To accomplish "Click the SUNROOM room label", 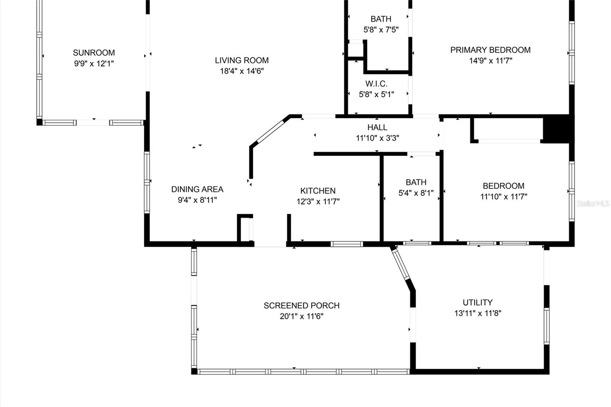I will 94,53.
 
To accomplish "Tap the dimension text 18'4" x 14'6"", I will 242,71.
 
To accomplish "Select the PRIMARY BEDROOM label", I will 490,50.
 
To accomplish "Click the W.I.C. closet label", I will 376,84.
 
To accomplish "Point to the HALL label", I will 377,127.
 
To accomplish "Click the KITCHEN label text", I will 318,191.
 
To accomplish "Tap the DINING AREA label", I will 197,189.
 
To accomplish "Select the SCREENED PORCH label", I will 301,305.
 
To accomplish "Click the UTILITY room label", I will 477,302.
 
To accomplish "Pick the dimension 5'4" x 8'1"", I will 416,193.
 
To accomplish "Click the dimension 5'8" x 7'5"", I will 381,30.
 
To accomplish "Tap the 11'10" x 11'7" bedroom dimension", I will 503,197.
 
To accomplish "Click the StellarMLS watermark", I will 593,203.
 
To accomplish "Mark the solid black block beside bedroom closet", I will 558,129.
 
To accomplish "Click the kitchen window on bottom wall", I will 346,244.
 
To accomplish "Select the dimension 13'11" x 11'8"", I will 477,313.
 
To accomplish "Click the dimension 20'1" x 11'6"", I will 301,317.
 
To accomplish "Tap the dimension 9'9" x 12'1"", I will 94,64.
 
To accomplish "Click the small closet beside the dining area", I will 245,228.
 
